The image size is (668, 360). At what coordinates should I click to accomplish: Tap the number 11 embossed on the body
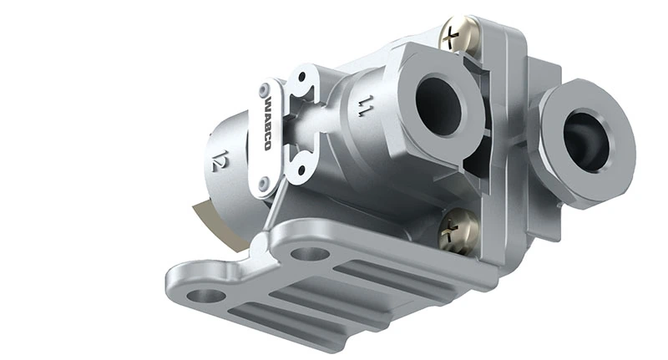[364, 106]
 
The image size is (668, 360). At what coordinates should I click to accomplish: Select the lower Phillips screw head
[458, 231]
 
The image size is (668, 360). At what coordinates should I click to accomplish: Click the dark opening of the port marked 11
[438, 105]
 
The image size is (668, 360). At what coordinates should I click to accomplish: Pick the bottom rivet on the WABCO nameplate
[265, 181]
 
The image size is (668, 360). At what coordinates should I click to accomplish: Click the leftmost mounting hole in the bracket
[205, 294]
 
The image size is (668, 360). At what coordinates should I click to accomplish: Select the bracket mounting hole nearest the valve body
[310, 253]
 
